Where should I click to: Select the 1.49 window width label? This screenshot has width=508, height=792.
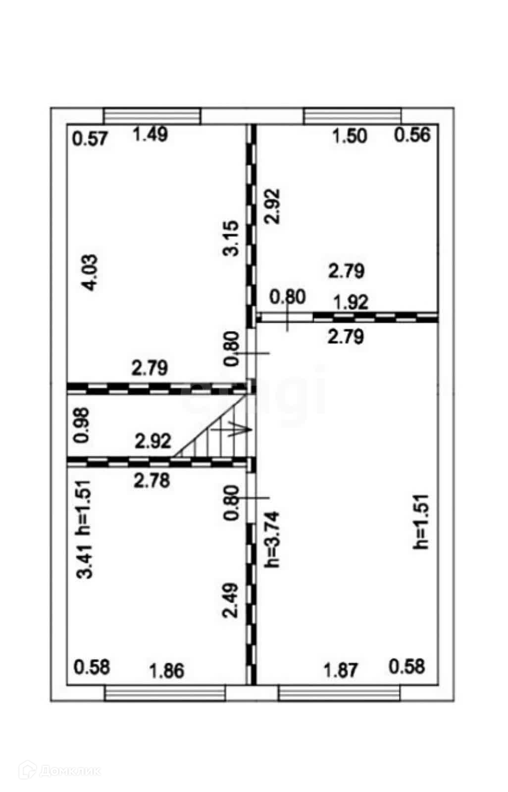pos(151,134)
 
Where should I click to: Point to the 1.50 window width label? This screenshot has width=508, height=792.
pos(350,136)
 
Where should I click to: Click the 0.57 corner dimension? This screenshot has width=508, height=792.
pos(90,138)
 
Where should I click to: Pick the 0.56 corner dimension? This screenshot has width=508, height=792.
pos(412,135)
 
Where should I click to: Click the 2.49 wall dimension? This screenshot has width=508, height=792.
pos(231,600)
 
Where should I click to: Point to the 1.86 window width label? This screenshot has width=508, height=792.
pos(167,671)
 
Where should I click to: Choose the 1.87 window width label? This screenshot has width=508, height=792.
pos(340,671)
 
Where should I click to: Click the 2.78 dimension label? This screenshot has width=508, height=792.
pos(152,480)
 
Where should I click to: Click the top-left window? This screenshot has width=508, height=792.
pos(152,116)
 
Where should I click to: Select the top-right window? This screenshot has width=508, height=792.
pos(352,116)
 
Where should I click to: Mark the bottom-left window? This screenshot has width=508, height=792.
pos(165,693)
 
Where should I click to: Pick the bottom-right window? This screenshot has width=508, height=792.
pos(339,693)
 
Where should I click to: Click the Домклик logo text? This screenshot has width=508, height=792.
pos(69,771)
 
